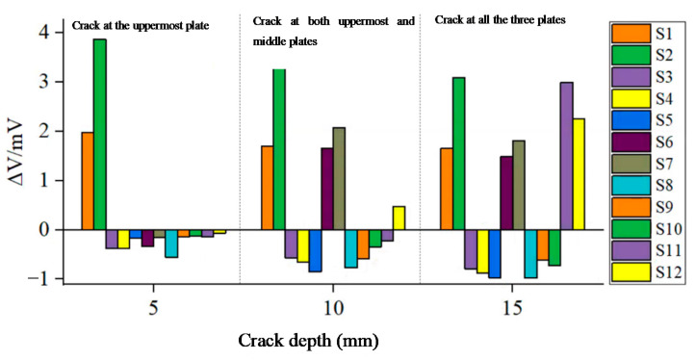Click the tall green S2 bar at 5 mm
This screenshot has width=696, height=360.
coord(99,135)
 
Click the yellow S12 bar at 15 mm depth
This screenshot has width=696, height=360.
coord(580,174)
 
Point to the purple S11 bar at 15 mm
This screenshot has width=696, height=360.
coord(567,156)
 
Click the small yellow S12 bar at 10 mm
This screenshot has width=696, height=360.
coord(399,218)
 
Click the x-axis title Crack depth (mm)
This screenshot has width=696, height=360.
coord(308,340)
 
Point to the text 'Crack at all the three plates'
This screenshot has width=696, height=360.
coord(501,19)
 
